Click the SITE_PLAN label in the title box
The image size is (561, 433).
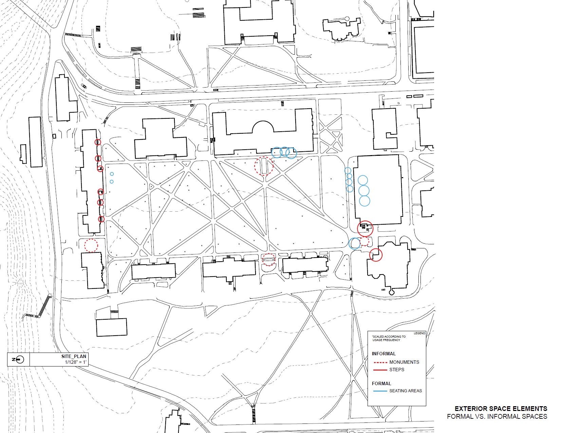[74, 356]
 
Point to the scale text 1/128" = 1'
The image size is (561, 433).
[76, 362]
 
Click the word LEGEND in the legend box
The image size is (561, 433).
[419, 333]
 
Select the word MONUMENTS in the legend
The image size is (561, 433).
[404, 362]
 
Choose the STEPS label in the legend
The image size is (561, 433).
[397, 370]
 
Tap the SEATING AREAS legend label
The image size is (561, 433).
[405, 391]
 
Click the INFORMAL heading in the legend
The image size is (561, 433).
[384, 354]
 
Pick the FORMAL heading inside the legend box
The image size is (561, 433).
[381, 383]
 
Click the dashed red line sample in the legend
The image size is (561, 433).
[380, 362]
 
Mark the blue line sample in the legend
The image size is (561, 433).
[380, 391]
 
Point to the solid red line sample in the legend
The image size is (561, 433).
[380, 370]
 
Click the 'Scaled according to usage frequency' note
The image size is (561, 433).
[389, 338]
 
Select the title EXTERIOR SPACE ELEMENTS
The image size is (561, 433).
[501, 409]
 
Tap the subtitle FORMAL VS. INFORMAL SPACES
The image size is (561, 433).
[497, 416]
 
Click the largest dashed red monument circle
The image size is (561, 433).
[264, 166]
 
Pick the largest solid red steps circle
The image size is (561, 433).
[365, 228]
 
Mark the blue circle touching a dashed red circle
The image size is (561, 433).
[355, 243]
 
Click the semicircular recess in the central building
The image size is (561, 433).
[263, 128]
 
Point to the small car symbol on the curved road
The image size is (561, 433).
[84, 86]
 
